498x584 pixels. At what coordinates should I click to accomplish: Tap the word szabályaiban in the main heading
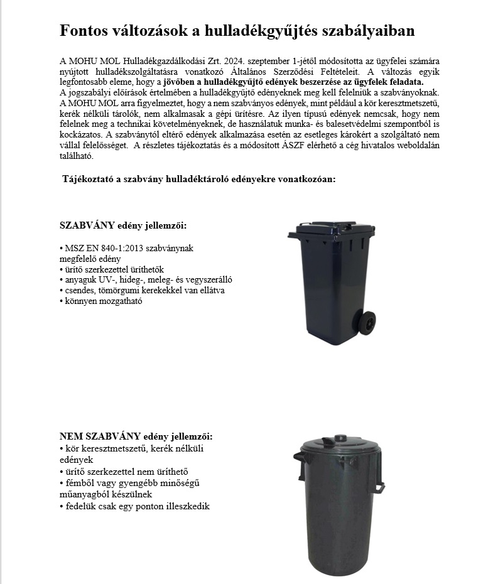pos(370,31)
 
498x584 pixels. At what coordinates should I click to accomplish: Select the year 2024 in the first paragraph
pos(232,61)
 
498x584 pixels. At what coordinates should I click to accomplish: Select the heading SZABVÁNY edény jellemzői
pos(123,225)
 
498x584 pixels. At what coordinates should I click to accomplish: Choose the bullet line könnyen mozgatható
pos(102,301)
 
